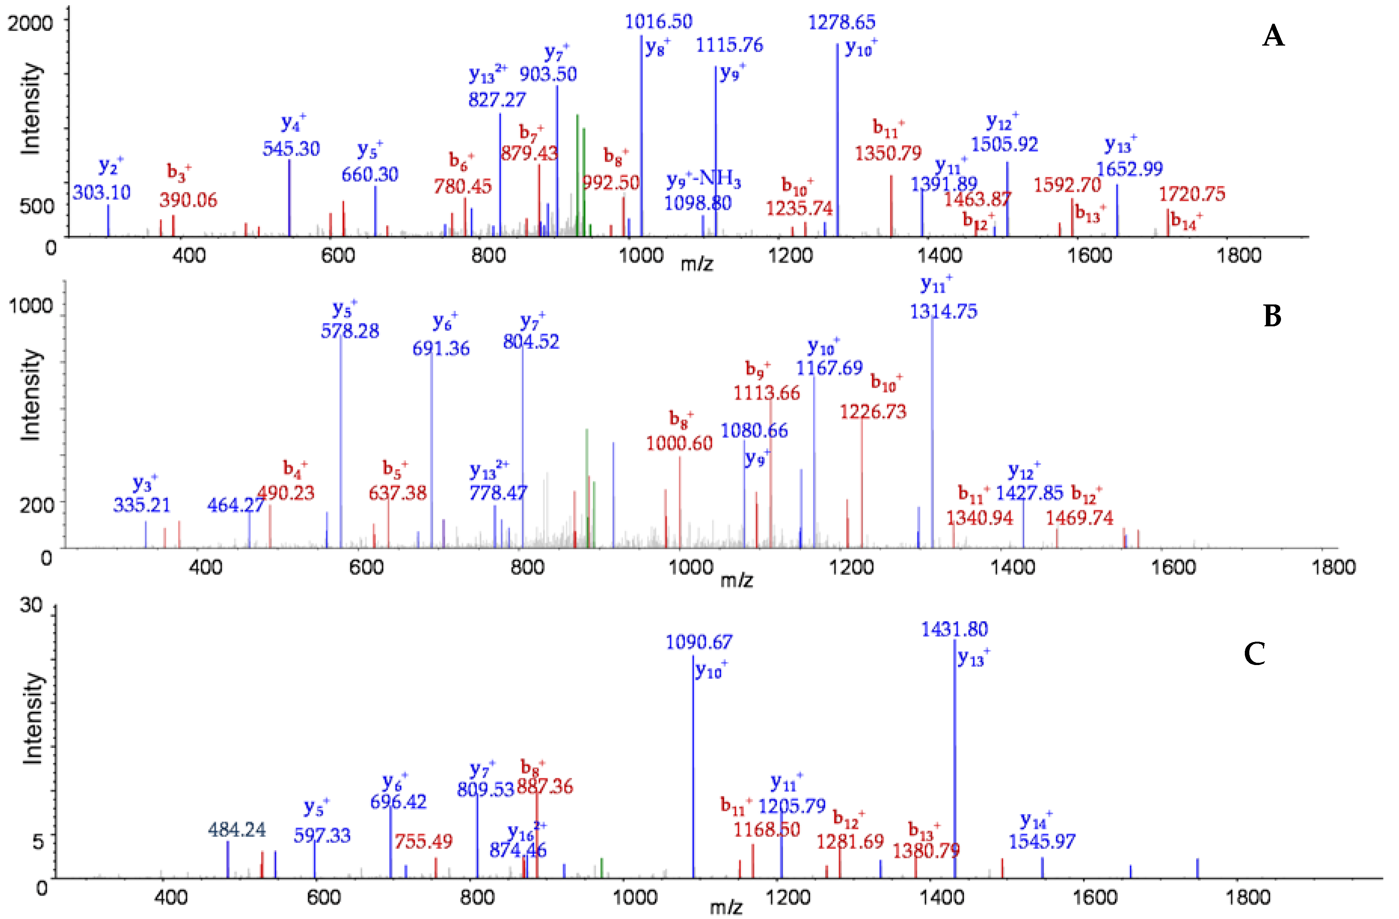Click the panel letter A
pos(1273,37)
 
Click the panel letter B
pos(1272,317)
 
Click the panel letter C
pos(1254,653)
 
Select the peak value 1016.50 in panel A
pos(658,22)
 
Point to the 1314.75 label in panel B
pos(944,312)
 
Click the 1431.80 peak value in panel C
pos(954,629)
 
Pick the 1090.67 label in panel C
pos(699,642)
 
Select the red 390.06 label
pos(188,200)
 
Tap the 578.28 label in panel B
pos(350,331)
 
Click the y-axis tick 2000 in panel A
pos(30,23)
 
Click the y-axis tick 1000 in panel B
pos(30,306)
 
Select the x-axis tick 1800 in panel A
pos(1238,255)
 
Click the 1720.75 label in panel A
pos(1192,194)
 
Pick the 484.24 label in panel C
pos(237,830)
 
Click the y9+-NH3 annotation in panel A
pos(703,180)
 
